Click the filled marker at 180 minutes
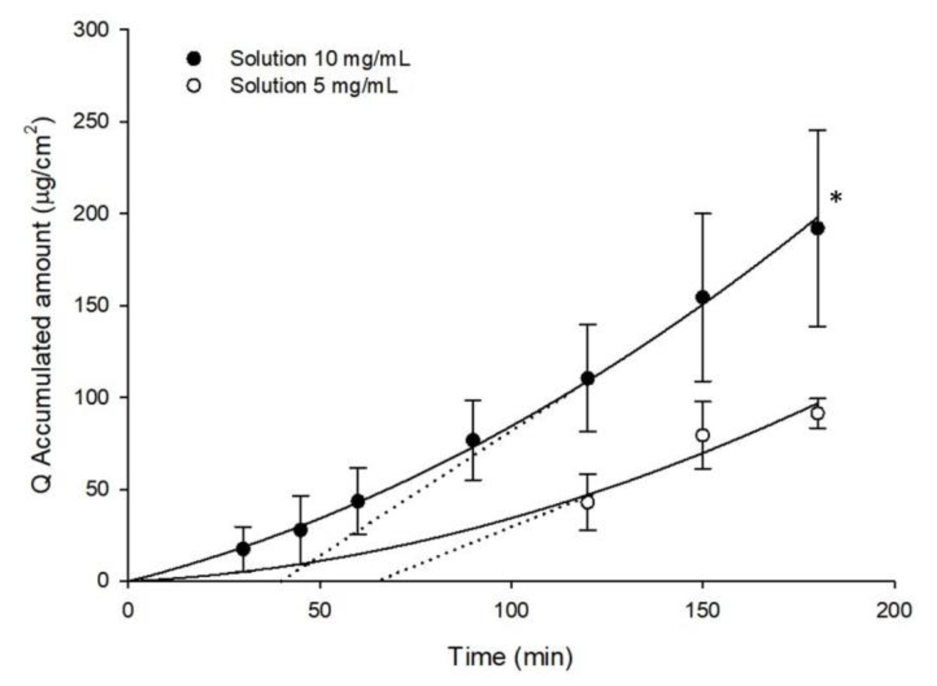[x=817, y=229]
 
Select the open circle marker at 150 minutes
[x=703, y=435]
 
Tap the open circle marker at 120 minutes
[x=587, y=502]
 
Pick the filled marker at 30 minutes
[x=243, y=549]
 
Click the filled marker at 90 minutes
[x=473, y=440]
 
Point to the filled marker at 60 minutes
[x=358, y=502]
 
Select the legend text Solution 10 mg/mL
[x=320, y=59]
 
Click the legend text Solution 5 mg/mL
[x=314, y=86]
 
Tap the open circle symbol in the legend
[x=194, y=86]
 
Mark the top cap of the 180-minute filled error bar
[x=817, y=130]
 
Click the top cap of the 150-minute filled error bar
[x=703, y=213]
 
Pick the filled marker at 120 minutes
[x=587, y=379]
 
